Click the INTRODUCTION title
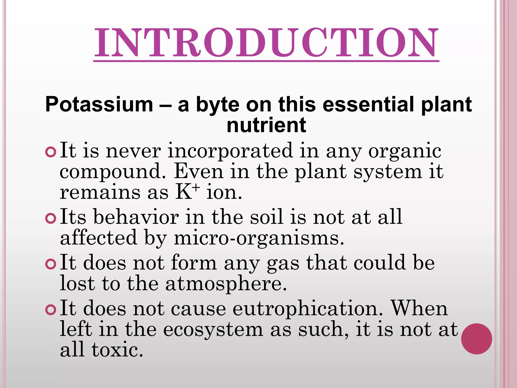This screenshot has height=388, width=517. [266, 43]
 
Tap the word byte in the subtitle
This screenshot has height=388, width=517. [218, 105]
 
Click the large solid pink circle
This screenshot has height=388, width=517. [476, 339]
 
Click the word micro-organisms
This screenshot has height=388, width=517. [259, 238]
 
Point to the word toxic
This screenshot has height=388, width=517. [117, 350]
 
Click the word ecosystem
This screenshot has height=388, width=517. [213, 329]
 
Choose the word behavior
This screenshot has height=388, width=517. [136, 217]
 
